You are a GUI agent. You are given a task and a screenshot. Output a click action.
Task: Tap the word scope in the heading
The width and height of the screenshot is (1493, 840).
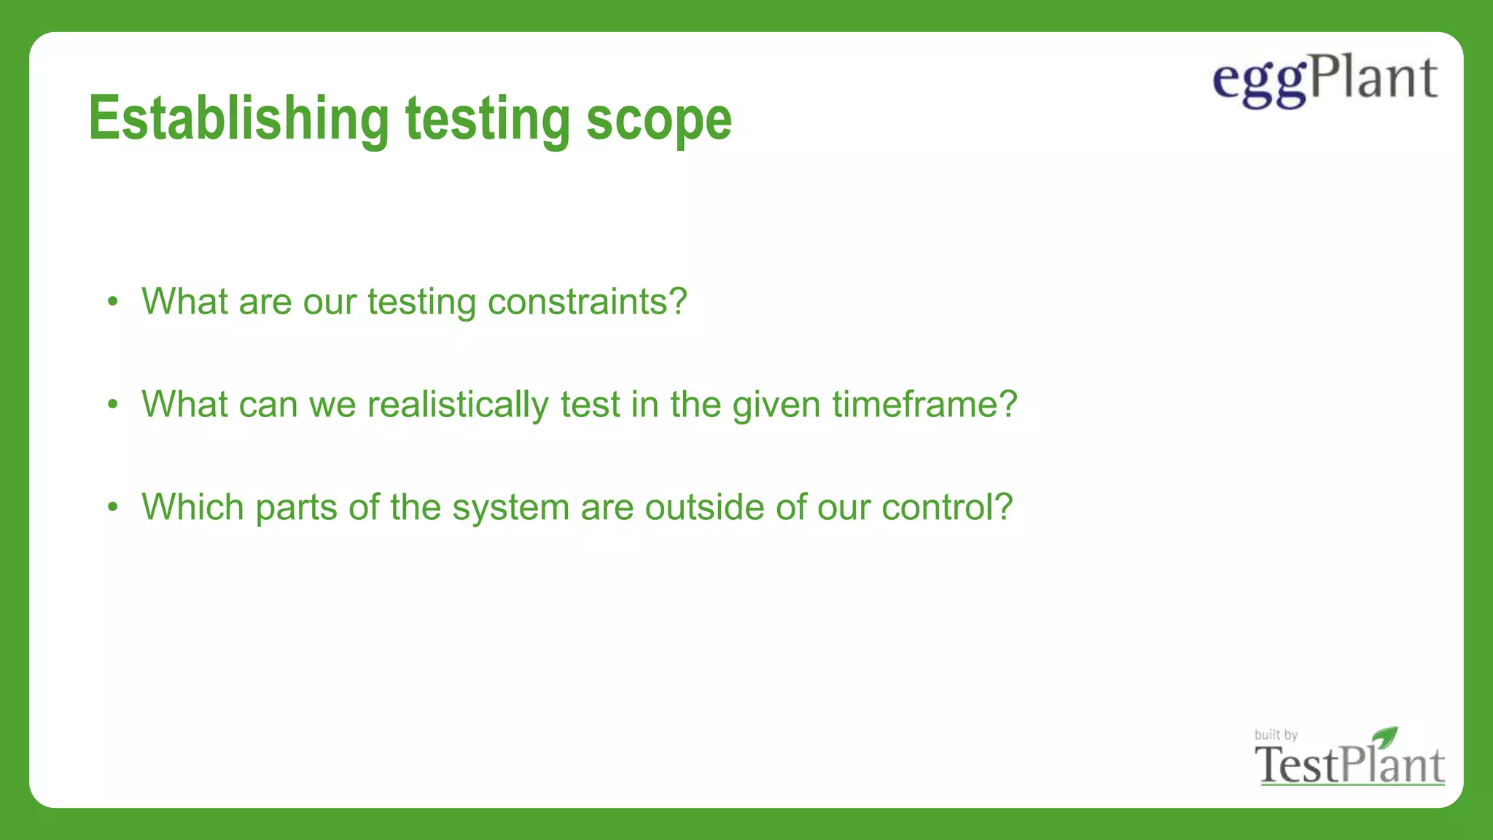(658, 120)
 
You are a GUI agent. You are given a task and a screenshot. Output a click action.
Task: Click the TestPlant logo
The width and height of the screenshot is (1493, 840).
(1349, 764)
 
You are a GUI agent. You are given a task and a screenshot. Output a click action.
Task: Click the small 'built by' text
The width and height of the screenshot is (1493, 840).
(1275, 734)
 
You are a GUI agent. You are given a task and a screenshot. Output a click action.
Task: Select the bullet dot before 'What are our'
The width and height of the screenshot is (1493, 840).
(112, 301)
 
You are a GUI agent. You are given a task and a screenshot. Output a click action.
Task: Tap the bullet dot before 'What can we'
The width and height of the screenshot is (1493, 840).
(112, 404)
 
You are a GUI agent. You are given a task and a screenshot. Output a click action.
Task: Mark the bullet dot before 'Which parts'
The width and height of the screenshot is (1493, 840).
(112, 507)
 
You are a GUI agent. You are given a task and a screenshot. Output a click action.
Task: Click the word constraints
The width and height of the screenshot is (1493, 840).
(586, 301)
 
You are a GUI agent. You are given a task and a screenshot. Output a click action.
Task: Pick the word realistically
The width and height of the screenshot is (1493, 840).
(457, 405)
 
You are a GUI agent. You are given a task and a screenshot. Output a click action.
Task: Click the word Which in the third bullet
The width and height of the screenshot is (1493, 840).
(192, 507)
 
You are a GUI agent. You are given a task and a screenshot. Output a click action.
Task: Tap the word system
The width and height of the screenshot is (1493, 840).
(510, 508)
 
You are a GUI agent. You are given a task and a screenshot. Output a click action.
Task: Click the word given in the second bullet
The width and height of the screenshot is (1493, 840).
(776, 405)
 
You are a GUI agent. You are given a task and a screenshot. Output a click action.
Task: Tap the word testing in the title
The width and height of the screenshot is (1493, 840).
(487, 120)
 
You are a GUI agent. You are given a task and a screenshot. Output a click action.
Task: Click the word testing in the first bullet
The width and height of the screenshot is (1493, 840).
(421, 302)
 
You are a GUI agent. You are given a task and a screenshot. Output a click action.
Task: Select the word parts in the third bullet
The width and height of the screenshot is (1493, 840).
(296, 508)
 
